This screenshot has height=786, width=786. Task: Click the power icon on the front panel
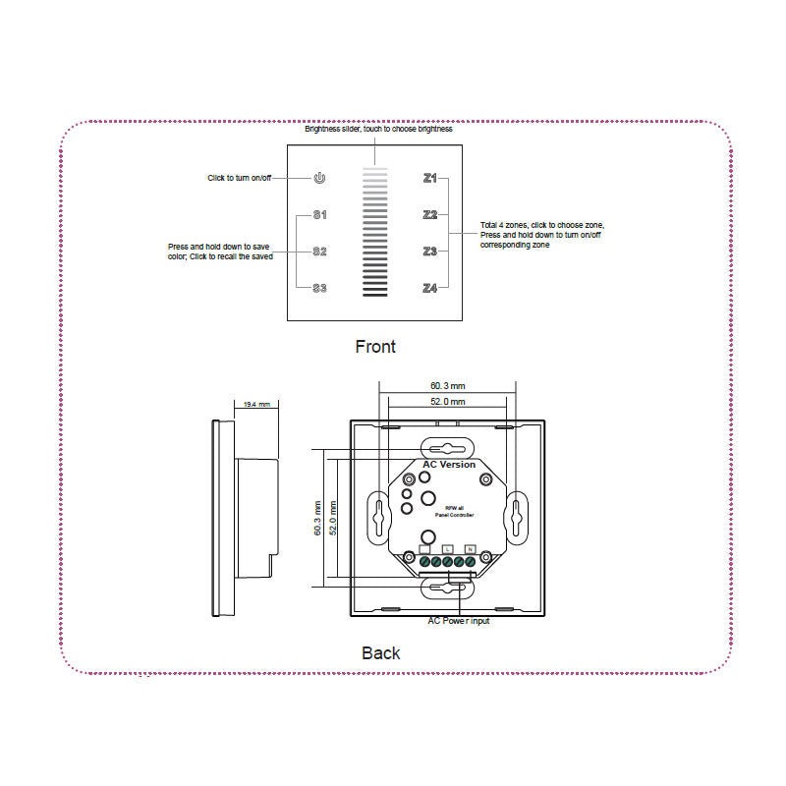point(318,178)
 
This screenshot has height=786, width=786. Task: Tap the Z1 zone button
point(429,178)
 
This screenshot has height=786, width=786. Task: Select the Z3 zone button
point(429,252)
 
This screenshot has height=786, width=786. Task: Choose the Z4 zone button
point(429,288)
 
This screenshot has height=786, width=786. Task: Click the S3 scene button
point(319,288)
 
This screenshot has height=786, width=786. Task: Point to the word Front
point(375,347)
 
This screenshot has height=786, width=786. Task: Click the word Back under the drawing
point(381,652)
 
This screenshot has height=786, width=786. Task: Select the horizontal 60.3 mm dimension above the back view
point(447,386)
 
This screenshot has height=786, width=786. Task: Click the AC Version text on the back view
point(449,464)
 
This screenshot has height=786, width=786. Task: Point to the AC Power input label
point(458,621)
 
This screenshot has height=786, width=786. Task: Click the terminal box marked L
point(447,547)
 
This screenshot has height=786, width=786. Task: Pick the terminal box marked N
point(470,547)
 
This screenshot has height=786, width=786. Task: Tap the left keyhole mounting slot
point(379,514)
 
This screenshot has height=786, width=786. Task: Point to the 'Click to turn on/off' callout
point(239,178)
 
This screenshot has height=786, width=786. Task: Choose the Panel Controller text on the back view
point(454,515)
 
